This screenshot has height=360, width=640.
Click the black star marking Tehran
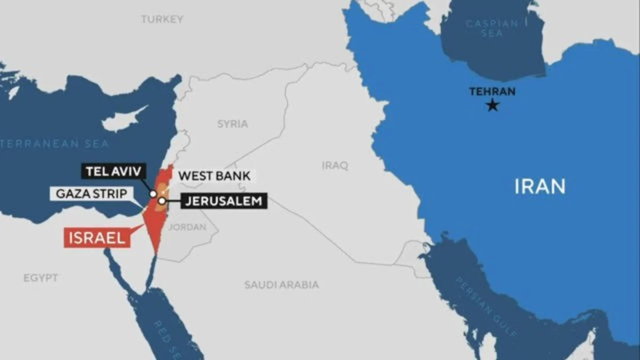tap(493, 105)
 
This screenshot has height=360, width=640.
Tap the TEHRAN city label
tap(492, 91)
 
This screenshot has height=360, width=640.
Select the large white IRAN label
tap(540, 187)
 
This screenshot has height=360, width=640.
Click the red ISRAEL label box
tap(97, 238)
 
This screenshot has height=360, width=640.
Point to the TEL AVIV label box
tap(113, 172)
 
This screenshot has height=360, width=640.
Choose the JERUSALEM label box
tap(224, 201)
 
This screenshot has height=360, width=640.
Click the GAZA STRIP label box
tap(92, 193)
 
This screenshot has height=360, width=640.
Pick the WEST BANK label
tap(214, 175)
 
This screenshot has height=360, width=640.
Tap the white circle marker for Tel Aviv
tap(154, 194)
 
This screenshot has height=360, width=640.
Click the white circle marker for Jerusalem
tap(162, 201)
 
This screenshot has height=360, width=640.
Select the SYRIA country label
tap(233, 124)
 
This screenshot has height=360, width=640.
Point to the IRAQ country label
tap(335, 165)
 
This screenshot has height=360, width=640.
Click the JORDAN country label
tap(187, 227)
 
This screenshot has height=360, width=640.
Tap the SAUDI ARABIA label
tap(282, 285)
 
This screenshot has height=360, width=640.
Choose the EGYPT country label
tap(41, 278)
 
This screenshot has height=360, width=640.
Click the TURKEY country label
tap(162, 19)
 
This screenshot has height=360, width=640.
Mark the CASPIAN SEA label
tap(492, 28)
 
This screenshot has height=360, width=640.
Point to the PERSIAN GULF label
tap(485, 306)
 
